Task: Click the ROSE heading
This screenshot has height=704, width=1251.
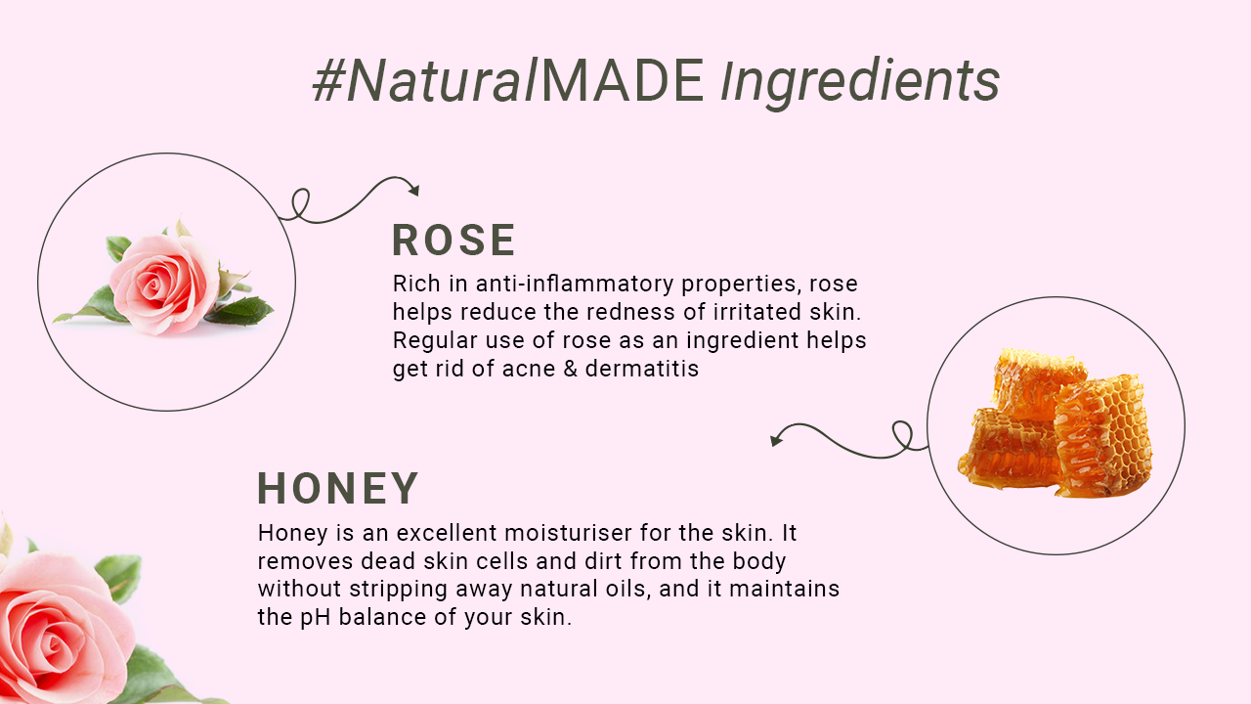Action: [x=453, y=241]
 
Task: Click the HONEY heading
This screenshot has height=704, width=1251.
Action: [x=338, y=488]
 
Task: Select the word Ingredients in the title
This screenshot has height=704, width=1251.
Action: [x=860, y=84]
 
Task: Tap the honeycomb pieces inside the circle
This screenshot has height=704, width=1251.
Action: [x=1055, y=423]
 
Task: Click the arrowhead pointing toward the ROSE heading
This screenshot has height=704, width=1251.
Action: [x=414, y=190]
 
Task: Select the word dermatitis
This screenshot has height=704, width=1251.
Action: [x=642, y=369]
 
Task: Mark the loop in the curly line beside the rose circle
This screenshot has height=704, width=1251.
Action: [x=300, y=203]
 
